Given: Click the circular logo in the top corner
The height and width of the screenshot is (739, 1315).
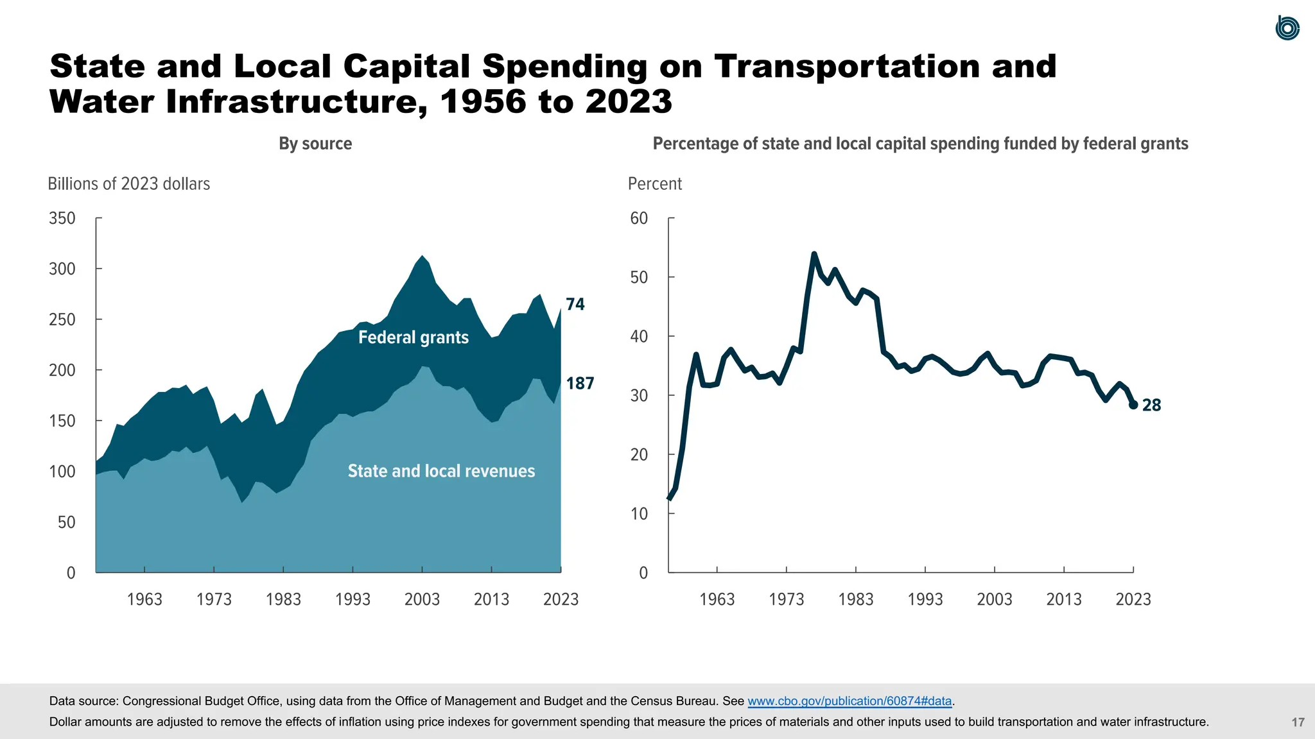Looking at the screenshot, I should pos(1287,28).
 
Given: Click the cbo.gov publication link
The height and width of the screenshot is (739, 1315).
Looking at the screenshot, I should pos(849,701).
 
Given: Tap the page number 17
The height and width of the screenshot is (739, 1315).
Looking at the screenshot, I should pos(1298,722).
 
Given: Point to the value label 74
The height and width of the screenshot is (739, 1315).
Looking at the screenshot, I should pos(575,305).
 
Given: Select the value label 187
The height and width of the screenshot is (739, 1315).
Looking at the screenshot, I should pos(580,384).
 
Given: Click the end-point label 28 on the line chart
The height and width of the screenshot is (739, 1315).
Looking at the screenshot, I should pos(1151,405).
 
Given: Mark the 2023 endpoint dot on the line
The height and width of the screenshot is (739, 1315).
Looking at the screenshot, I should pos(1133,405).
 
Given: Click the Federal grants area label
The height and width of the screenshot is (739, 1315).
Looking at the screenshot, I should pos(413,337).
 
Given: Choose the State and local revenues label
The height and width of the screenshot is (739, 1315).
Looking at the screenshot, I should pos(441,471).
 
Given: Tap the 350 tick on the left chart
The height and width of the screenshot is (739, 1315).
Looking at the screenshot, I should pos(62,218).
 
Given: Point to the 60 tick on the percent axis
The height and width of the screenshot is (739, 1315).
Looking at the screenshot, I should pos(639,218).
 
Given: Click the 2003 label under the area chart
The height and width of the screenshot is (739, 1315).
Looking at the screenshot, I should pos(422,599).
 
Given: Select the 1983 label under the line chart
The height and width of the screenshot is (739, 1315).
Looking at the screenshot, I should pos(855,599).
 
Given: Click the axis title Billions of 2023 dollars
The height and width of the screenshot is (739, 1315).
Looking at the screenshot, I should pos(128,184).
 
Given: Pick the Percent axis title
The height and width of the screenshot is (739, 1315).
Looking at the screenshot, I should pos(654,184).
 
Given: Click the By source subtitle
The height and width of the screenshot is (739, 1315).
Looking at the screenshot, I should pos(315,144).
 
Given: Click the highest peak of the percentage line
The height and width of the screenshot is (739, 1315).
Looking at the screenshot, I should pos(814,254).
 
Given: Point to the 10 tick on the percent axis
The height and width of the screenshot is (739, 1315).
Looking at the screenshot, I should pos(639,514).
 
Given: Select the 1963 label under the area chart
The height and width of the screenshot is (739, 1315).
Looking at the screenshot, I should pos(144,599).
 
